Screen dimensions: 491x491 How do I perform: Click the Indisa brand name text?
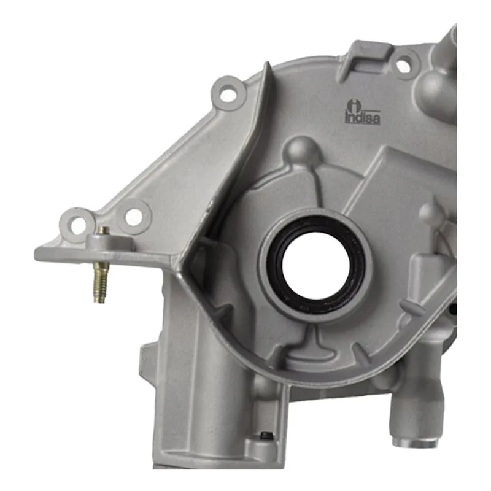click(x=363, y=118)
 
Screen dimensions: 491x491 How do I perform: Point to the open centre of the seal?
click(x=315, y=265)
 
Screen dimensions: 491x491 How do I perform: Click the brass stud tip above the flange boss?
click(x=103, y=231)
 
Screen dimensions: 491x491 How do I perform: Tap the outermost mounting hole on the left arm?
click(x=78, y=225)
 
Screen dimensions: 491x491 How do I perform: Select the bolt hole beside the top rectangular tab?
click(x=403, y=66)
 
